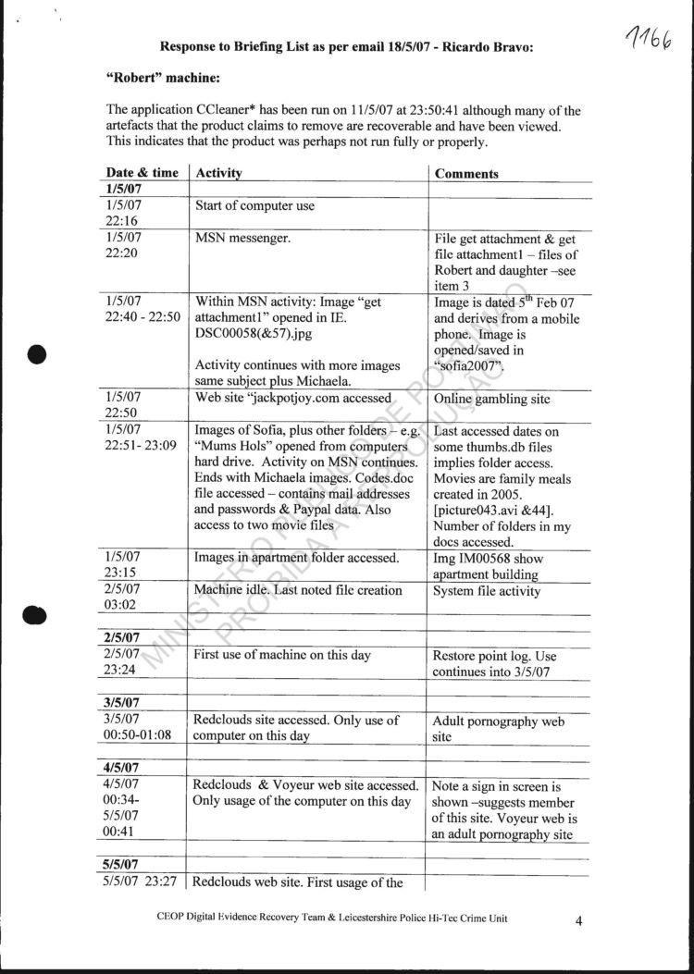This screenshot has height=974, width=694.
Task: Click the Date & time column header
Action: click(142, 173)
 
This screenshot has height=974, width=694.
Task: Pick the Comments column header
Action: click(466, 174)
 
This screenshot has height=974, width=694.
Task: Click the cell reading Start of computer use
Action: click(254, 205)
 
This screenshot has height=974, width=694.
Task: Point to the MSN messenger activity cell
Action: click(243, 238)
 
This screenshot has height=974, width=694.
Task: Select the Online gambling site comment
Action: click(491, 399)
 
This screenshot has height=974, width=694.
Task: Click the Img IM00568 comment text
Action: click(488, 559)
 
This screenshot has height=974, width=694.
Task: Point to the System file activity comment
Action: click(487, 591)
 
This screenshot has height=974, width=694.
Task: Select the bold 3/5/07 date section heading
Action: click(123, 703)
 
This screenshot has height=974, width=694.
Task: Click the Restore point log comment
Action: click(494, 656)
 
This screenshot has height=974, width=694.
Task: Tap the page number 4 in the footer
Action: click(578, 920)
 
